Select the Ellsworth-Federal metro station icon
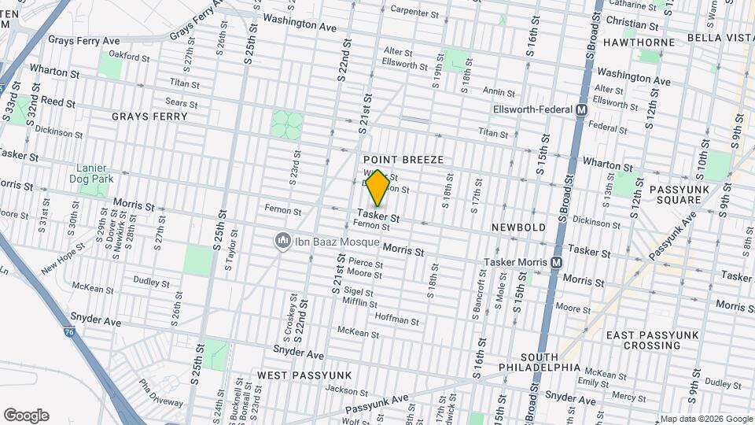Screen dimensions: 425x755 pyautogui.click(x=582, y=110)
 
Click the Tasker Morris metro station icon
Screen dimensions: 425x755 pyautogui.click(x=557, y=262)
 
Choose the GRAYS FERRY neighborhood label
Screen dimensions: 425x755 pyautogui.click(x=149, y=116)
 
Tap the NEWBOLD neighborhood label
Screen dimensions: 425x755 pyautogui.click(x=518, y=227)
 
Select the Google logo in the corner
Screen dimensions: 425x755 pyautogui.click(x=26, y=415)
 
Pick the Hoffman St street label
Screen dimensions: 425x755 pyautogui.click(x=396, y=320)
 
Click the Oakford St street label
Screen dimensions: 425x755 pyautogui.click(x=129, y=57)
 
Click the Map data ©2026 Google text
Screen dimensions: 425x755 pyautogui.click(x=705, y=419)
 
